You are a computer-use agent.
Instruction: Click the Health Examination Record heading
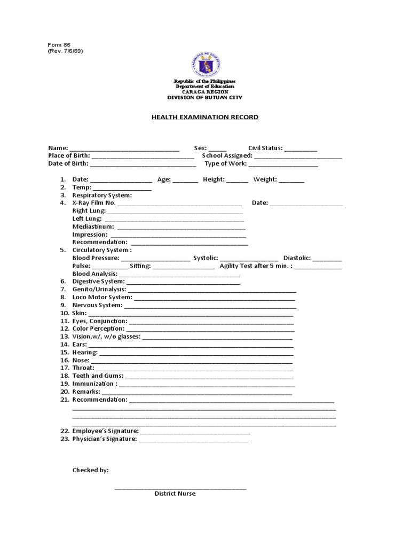(205, 117)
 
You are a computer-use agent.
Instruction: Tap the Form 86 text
(59, 45)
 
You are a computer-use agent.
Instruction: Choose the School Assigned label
(227, 156)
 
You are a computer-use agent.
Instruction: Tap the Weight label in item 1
(265, 180)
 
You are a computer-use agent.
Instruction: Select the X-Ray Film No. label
(94, 203)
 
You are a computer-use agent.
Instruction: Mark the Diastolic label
(297, 258)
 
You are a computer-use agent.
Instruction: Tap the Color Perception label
(98, 329)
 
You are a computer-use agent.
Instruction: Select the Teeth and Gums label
(98, 376)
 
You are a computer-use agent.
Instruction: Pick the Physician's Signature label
(105, 439)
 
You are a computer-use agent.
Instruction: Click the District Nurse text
(175, 494)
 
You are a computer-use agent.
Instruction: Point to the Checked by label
(91, 470)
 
